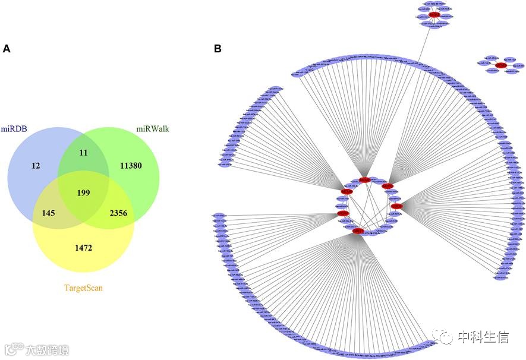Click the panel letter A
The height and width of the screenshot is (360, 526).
tap(7, 49)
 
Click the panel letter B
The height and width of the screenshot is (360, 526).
tap(218, 49)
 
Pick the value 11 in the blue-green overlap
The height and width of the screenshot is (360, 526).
tap(83, 153)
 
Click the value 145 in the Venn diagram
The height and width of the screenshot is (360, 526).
tap(45, 212)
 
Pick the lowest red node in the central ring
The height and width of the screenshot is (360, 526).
tap(358, 231)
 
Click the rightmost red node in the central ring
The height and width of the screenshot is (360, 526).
tap(397, 206)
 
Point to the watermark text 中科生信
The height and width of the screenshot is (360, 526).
tap(483, 337)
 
